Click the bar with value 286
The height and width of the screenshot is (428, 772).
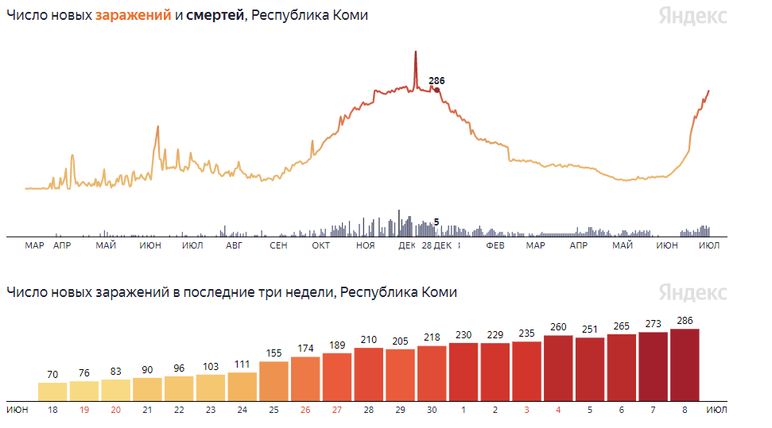685,364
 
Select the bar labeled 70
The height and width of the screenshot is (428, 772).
52,391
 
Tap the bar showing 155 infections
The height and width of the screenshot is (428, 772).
273,381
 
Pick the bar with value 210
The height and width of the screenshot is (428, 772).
368,374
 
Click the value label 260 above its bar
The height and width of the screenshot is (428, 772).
558,327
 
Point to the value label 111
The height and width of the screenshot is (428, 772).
242,364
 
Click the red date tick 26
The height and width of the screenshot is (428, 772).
305,410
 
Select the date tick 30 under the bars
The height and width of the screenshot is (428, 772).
432,410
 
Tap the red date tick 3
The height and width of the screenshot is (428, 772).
526,410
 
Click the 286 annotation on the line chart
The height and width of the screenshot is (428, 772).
436,81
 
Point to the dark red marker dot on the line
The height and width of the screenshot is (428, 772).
436,90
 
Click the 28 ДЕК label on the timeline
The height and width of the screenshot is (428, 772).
436,246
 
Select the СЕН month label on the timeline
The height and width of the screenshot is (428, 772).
278,246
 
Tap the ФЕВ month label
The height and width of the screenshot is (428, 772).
495,246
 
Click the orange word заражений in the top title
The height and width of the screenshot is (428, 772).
133,16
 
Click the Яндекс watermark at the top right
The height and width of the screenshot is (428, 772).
692,16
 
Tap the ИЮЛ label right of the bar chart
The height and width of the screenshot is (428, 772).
716,410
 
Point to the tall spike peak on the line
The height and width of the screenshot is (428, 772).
415,52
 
